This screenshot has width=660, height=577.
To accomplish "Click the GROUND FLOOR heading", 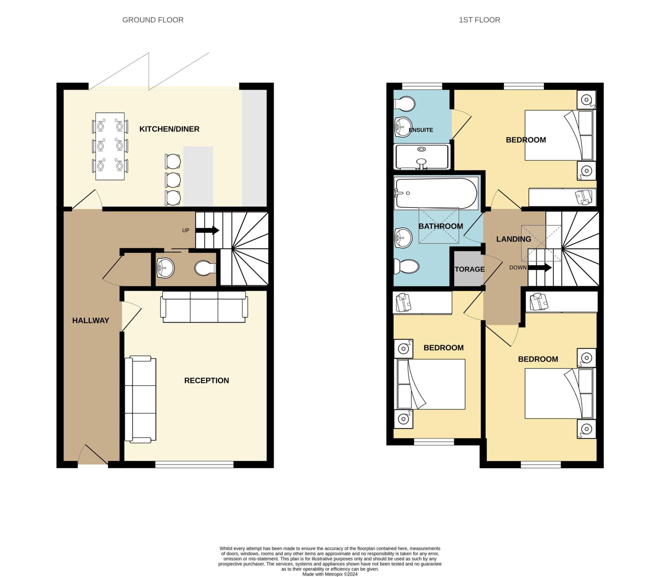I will point(153,20).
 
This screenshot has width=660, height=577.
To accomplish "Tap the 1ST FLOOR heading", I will point(480,20).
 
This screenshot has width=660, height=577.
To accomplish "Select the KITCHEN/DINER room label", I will point(169,129).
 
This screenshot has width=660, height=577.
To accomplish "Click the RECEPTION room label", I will point(206,381).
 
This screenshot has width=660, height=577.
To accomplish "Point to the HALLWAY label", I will point(91,321).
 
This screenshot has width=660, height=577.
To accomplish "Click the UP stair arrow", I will point(207,230).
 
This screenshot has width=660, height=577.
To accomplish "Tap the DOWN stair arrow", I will point(539,267).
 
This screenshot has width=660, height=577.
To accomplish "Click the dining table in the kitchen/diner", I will point(110,146).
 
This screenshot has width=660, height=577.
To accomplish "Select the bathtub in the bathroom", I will point(436,193).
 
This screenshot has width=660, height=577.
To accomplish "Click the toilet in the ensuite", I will point(404,104).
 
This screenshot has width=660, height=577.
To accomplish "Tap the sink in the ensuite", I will point(403,127).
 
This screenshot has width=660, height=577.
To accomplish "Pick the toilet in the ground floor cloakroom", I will point(205,268).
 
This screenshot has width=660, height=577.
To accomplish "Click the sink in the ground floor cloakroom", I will point(165,267).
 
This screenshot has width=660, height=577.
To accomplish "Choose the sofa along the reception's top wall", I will point(204,307).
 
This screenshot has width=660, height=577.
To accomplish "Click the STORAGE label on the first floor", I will point(469,269).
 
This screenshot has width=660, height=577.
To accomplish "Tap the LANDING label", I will point(513,239).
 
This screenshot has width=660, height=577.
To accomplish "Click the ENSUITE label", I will point(421,130).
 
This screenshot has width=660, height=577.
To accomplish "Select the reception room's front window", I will point(194,464).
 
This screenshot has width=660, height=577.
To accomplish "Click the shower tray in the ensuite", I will point(422,157).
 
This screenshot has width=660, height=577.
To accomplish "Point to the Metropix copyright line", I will point(330,574).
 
